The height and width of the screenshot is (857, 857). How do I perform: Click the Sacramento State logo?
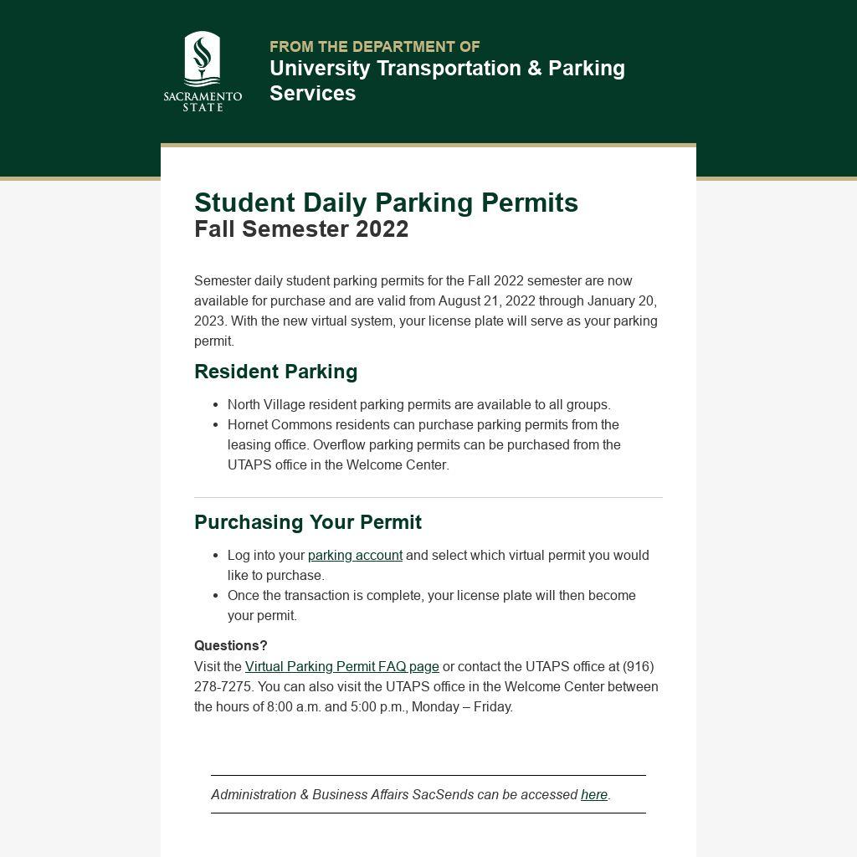point(203,71)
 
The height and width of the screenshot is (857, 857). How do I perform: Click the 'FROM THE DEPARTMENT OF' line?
point(374,47)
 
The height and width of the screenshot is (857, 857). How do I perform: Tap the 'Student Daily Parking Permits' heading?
point(386,203)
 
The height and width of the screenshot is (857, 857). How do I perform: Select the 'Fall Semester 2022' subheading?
point(301,229)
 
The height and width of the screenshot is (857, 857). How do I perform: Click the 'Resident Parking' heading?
point(275,372)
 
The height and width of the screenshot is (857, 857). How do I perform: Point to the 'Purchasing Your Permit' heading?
point(307,522)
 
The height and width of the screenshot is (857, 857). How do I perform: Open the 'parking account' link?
point(355,556)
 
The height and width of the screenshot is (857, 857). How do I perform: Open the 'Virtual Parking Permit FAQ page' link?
point(341,667)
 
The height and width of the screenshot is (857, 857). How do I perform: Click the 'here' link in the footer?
point(593,795)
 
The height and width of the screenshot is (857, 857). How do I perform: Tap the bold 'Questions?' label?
point(230,646)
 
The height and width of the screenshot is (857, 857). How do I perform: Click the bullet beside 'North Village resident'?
point(216,405)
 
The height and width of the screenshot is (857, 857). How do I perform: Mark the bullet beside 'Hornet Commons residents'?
point(216,425)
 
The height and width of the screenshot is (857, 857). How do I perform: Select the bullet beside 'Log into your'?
point(216,556)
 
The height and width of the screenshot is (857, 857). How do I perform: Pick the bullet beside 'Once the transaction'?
point(216,596)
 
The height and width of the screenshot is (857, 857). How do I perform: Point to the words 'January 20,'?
point(622,301)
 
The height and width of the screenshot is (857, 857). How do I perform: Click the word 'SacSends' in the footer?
point(443,795)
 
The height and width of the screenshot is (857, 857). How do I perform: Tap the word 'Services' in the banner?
point(312,94)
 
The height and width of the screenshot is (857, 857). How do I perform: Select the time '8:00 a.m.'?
point(294,707)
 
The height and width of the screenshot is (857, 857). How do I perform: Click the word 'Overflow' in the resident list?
point(339,445)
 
